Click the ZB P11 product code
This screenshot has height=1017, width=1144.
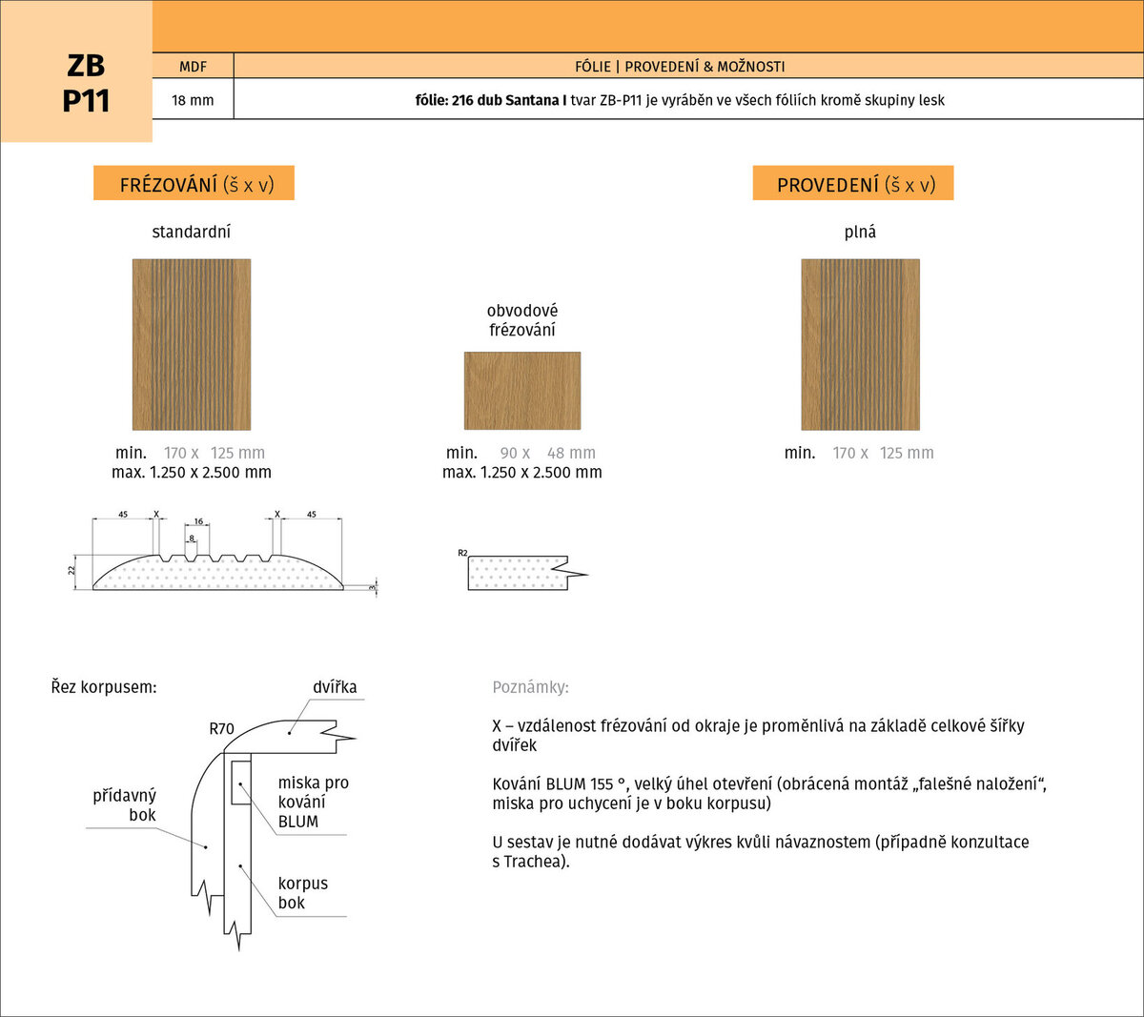pyautogui.click(x=85, y=83)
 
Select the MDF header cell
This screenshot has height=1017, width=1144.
pyautogui.click(x=194, y=66)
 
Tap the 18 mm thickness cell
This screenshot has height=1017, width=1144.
pyautogui.click(x=194, y=100)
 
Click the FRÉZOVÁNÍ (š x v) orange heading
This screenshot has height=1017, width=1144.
pyautogui.click(x=194, y=183)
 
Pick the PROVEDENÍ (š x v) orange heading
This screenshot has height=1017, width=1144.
pyautogui.click(x=852, y=183)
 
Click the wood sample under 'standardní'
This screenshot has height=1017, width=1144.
pyautogui.click(x=192, y=344)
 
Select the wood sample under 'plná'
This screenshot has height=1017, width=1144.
pyautogui.click(x=860, y=344)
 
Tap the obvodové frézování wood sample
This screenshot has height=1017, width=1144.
pyautogui.click(x=522, y=391)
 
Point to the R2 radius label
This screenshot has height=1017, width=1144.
pyautogui.click(x=462, y=553)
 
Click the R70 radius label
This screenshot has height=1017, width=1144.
pyautogui.click(x=221, y=729)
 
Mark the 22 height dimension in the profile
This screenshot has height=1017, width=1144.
pyautogui.click(x=71, y=570)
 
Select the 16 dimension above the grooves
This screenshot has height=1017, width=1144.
pyautogui.click(x=198, y=521)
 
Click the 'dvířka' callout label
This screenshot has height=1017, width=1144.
pyautogui.click(x=335, y=687)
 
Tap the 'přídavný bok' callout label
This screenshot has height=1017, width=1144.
pyautogui.click(x=125, y=805)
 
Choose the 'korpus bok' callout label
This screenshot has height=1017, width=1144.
pyautogui.click(x=302, y=893)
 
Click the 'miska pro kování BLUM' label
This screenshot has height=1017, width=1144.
pyautogui.click(x=314, y=802)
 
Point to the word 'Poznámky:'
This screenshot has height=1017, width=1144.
pyautogui.click(x=531, y=687)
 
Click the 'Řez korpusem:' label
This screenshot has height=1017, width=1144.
pyautogui.click(x=104, y=687)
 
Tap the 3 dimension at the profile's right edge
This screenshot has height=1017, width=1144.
pyautogui.click(x=372, y=587)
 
